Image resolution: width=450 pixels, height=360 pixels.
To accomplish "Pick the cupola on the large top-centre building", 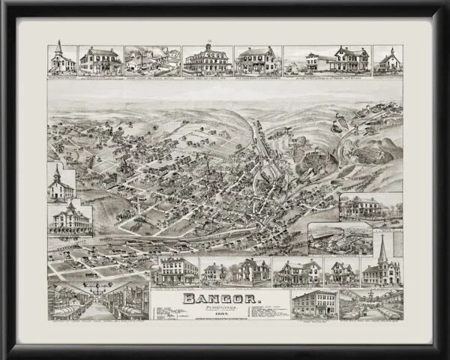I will pyautogui.click(x=207, y=47).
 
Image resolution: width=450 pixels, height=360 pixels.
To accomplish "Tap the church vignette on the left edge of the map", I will pyautogui.click(x=61, y=181).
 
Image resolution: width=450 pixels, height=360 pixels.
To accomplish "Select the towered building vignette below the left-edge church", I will pyautogui.click(x=71, y=218).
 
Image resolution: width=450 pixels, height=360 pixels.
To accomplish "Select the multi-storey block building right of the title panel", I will pyautogui.click(x=313, y=304).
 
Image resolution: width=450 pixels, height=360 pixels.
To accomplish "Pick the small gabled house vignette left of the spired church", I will pyautogui.click(x=341, y=271).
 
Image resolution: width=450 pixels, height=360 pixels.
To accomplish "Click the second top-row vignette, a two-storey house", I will pyautogui.click(x=100, y=60).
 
